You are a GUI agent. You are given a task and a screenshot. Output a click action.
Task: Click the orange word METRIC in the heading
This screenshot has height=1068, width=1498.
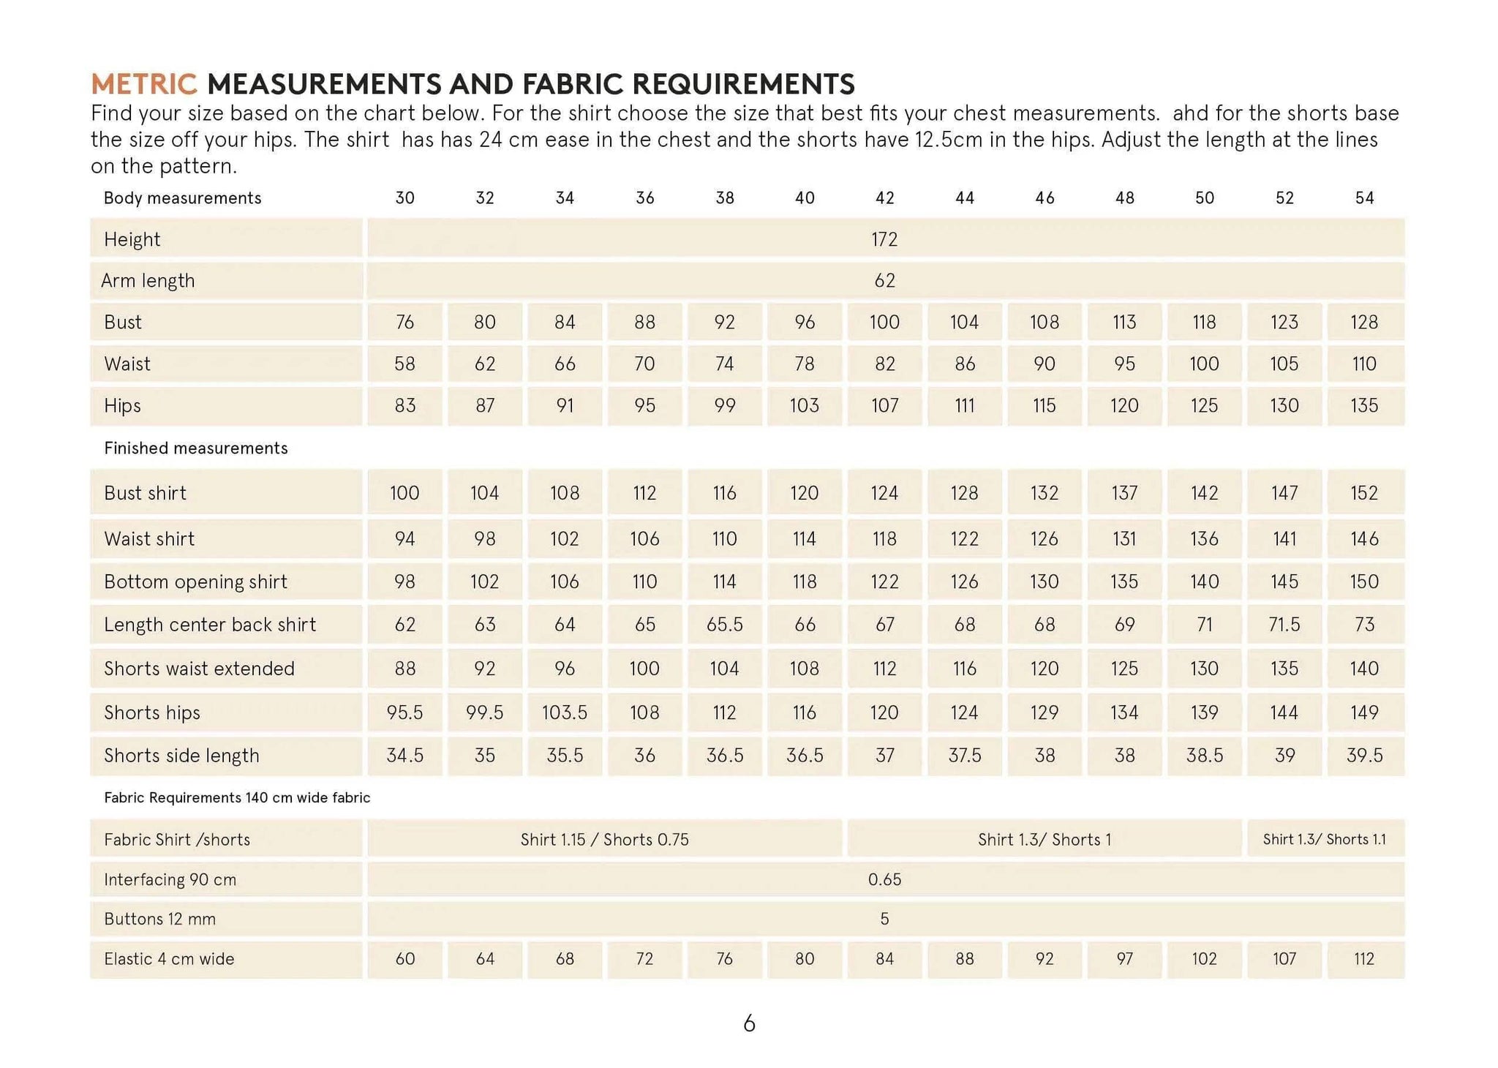tap(144, 84)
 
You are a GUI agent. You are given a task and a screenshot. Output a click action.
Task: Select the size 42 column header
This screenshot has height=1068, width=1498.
tap(884, 198)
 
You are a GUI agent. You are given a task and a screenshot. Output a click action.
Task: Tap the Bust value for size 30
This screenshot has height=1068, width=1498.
tap(404, 322)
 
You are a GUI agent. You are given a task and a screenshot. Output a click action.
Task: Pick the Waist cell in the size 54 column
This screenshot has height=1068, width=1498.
tap(1364, 364)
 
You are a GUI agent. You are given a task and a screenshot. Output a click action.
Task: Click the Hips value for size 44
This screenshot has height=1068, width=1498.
tap(964, 405)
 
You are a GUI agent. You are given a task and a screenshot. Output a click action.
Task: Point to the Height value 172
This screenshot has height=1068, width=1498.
tap(884, 239)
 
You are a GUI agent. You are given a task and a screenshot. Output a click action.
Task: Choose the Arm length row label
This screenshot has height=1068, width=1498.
tap(148, 281)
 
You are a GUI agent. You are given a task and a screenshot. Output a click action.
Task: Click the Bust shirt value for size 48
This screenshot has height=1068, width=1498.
tap(1124, 493)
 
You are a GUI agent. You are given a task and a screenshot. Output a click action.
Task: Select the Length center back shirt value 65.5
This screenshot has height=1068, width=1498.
tap(724, 624)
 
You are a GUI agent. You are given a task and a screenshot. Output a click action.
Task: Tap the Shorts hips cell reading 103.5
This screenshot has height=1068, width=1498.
tap(564, 712)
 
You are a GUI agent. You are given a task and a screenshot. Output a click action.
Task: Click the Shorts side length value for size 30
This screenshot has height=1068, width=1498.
tap(404, 755)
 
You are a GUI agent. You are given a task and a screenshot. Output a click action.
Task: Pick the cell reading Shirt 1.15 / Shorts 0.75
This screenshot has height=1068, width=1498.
tap(604, 839)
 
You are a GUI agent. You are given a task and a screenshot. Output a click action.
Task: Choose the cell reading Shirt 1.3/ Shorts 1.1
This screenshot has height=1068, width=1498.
tap(1324, 839)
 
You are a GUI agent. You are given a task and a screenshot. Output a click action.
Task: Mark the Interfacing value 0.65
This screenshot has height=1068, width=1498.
tap(884, 879)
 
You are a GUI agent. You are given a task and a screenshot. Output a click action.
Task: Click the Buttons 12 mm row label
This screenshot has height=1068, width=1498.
tap(159, 919)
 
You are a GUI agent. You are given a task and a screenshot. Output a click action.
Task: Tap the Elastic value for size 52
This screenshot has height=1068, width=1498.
tap(1284, 958)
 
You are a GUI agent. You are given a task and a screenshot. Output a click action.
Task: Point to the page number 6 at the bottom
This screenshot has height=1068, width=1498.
tap(749, 1023)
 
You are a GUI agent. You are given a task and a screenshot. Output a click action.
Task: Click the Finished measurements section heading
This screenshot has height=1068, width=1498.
tap(195, 448)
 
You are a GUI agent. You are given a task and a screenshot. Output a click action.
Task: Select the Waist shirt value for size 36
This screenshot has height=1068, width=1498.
tap(644, 538)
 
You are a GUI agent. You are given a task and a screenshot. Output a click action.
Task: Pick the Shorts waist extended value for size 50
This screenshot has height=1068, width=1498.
tap(1204, 668)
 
